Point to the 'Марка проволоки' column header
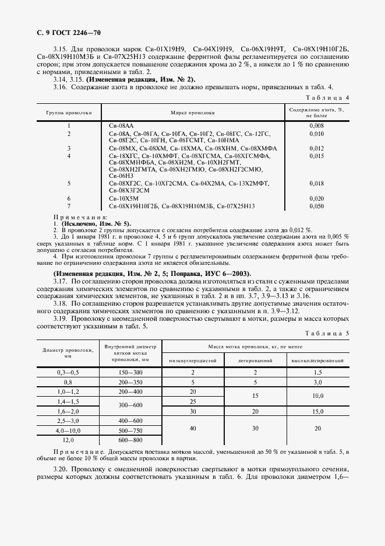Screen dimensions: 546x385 tap(192, 111)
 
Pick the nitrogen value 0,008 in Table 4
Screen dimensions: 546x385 tap(316, 125)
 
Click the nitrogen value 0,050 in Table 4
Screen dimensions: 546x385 tap(316, 206)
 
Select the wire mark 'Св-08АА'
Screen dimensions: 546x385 tap(121, 125)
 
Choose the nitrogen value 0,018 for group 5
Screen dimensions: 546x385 tap(316, 183)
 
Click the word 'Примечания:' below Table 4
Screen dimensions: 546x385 tap(77, 217)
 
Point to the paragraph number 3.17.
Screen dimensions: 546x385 tap(61, 280)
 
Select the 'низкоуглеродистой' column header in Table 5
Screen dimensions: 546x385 tap(192, 360)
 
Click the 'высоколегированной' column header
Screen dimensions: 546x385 tap(317, 360)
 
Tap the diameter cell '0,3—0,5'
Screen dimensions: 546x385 tap(69, 372)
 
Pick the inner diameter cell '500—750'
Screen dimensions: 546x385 tap(130, 430)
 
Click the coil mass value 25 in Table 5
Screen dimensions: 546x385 tap(192, 401)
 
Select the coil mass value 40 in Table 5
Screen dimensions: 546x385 tap(192, 430)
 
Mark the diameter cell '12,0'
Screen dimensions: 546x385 tap(69, 440)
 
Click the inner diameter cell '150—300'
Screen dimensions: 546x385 tap(130, 372)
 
